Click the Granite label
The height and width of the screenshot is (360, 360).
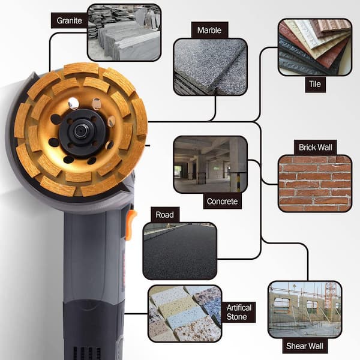click(69, 20)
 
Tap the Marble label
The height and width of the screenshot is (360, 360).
click(209, 30)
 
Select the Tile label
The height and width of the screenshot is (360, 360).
click(315, 84)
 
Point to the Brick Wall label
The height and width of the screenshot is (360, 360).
click(315, 148)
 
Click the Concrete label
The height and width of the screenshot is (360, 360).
click(222, 202)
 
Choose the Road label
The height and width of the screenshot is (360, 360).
click(165, 215)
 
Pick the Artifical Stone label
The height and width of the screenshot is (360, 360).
click(239, 312)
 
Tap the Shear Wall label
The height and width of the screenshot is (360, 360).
click(305, 346)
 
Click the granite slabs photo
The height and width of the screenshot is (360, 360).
click(124, 32)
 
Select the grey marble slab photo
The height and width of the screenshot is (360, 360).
click(211, 67)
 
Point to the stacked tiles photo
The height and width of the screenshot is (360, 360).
click(315, 47)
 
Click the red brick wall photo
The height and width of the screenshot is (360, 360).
click(315, 184)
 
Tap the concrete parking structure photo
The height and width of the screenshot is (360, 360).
click(211, 165)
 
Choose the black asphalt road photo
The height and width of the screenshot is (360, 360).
click(180, 251)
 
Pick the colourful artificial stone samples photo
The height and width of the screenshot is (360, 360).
click(185, 314)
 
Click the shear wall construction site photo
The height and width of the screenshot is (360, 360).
click(305, 310)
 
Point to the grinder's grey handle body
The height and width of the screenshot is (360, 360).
click(95, 255)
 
